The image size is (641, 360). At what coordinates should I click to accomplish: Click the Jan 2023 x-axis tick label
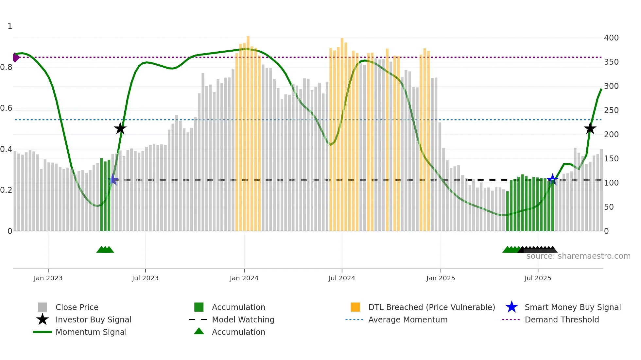coord(48,278)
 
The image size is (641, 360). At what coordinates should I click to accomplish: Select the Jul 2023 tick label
coord(145,278)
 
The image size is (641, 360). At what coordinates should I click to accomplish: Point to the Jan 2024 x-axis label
coord(244,278)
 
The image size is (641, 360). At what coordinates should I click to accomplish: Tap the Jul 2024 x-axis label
coord(342,278)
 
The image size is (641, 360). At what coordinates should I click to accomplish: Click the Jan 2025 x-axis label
coord(441,278)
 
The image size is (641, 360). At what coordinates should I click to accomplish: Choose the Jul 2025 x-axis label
coord(538,278)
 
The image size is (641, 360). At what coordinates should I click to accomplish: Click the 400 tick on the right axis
coord(611,38)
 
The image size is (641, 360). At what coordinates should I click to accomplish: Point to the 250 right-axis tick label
coord(611,110)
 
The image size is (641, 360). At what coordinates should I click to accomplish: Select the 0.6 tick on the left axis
coord(6,108)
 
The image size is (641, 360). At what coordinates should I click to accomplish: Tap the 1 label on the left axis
coord(10,26)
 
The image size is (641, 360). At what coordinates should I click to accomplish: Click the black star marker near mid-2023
coord(120,128)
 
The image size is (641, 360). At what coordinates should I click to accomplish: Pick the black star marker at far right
coord(590,128)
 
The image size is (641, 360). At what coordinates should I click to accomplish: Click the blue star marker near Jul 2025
coord(552,179)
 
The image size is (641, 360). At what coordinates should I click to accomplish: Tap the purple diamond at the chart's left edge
coord(15,57)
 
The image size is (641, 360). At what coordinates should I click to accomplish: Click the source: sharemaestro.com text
coord(578,256)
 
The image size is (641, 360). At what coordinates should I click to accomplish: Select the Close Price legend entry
coord(77,307)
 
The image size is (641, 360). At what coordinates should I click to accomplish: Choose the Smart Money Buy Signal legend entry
coord(572,307)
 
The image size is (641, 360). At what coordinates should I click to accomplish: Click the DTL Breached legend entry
coord(431,307)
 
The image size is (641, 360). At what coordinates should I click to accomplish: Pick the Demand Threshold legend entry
coord(562,319)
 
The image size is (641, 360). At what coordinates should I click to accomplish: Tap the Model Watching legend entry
coord(243,319)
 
